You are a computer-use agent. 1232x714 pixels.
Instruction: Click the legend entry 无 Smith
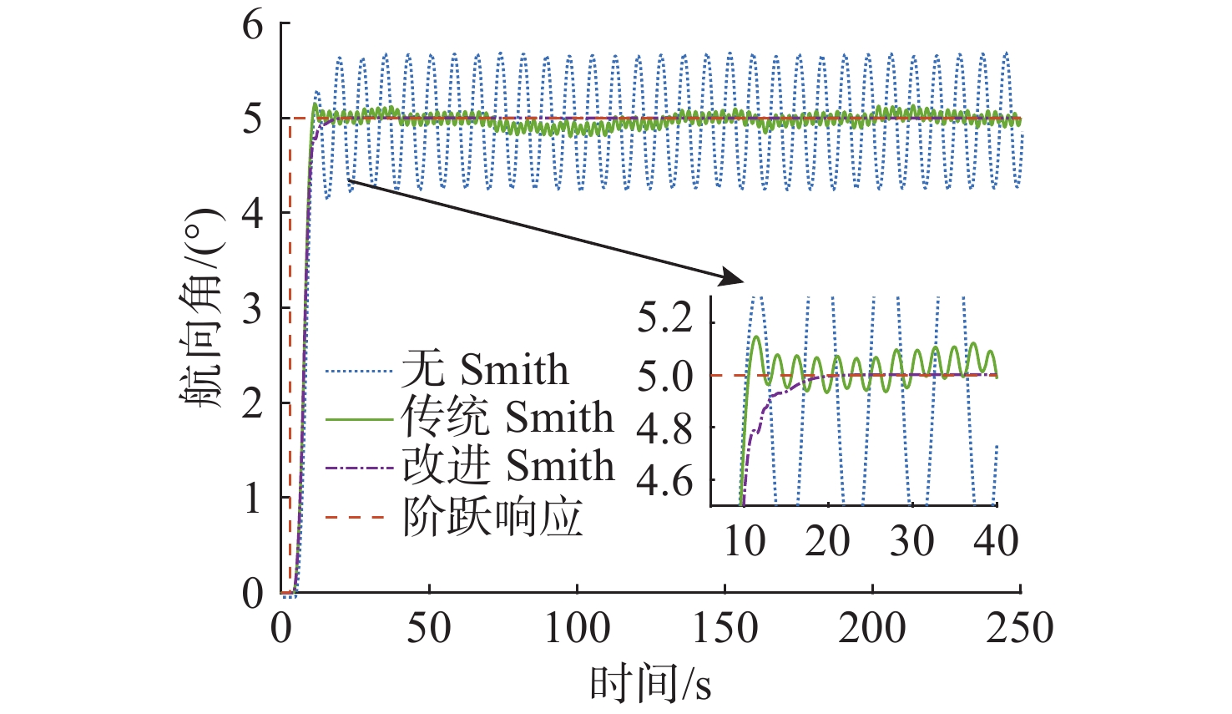pyautogui.click(x=484, y=370)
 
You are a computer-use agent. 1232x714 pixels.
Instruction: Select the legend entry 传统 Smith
pyautogui.click(x=507, y=418)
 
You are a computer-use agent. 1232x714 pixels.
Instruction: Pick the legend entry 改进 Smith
pyautogui.click(x=507, y=466)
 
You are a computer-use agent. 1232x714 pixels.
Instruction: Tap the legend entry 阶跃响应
pyautogui.click(x=492, y=518)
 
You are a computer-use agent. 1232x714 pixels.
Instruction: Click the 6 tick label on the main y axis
pyautogui.click(x=253, y=25)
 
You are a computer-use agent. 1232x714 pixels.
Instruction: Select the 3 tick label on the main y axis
pyautogui.click(x=253, y=309)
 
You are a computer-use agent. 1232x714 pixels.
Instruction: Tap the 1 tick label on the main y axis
pyautogui.click(x=253, y=499)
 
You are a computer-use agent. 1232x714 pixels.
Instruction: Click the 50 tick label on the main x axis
pyautogui.click(x=429, y=628)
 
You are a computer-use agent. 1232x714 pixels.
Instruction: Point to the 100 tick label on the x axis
pyautogui.click(x=577, y=628)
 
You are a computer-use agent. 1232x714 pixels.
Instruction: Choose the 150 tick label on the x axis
pyautogui.click(x=725, y=628)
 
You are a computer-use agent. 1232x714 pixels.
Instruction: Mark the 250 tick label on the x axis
pyautogui.click(x=1020, y=628)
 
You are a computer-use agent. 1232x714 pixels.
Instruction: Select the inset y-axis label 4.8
pyautogui.click(x=665, y=428)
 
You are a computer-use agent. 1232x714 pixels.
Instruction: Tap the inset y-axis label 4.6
pyautogui.click(x=665, y=481)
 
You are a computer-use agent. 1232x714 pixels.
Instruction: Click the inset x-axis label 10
pyautogui.click(x=744, y=541)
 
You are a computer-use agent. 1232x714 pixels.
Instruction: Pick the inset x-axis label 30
pyautogui.click(x=911, y=541)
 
